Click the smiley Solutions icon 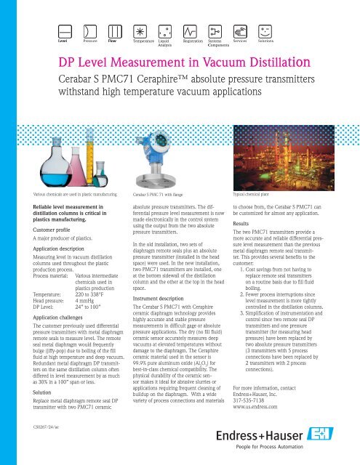[265, 31]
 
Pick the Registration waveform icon [191, 31]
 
